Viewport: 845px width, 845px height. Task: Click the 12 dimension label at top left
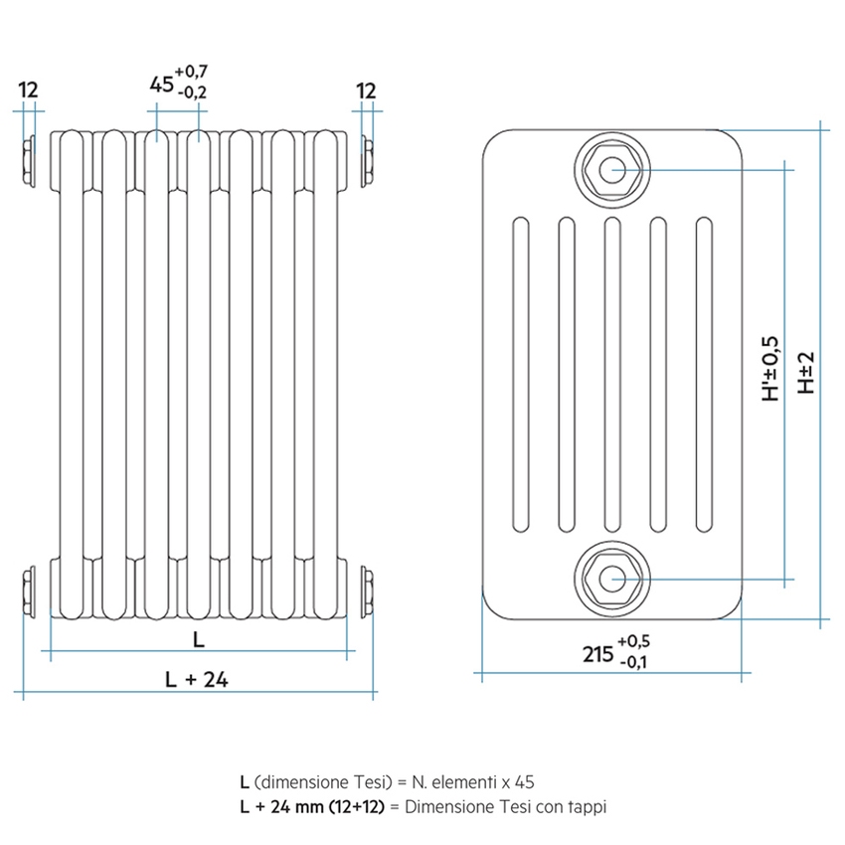tap(27, 90)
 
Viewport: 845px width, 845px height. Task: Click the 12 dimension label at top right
tap(366, 90)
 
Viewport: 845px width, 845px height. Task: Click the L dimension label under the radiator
tap(198, 640)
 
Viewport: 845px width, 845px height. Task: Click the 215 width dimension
tap(596, 653)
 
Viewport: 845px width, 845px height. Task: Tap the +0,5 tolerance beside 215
tap(633, 641)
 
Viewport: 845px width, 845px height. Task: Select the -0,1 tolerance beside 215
tap(633, 663)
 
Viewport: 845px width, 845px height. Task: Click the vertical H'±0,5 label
tap(771, 369)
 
